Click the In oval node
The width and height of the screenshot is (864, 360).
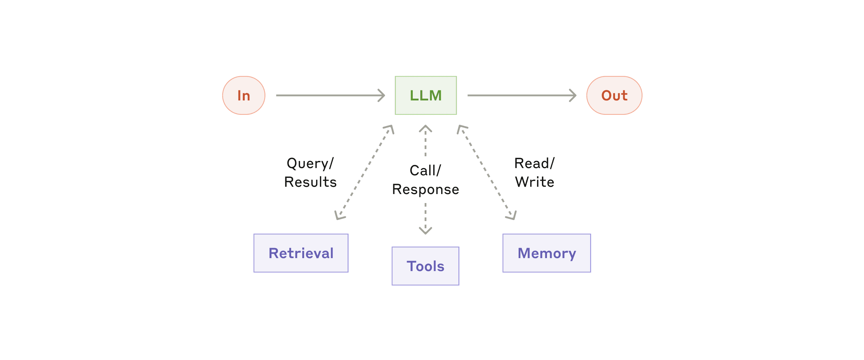[x=244, y=95]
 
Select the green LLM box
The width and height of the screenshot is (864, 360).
[x=426, y=95]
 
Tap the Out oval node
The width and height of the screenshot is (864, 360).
[x=614, y=95]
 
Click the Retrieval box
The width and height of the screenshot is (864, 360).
[x=301, y=253]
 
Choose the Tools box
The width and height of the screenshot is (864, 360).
[x=425, y=266]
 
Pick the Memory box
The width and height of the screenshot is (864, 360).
[x=547, y=253]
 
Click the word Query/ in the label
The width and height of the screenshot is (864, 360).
[x=310, y=163]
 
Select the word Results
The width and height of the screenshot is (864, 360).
[x=310, y=182]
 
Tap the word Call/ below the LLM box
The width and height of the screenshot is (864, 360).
[x=425, y=171]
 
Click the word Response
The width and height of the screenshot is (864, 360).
[x=425, y=189]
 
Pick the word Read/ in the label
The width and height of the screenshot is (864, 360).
[x=534, y=163]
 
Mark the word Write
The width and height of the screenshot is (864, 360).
[x=534, y=182]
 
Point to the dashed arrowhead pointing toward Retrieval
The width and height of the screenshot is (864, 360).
[x=339, y=215]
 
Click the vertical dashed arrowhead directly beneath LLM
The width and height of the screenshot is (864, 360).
[x=425, y=129]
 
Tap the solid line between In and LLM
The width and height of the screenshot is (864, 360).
[x=327, y=95]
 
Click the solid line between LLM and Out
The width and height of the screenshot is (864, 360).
[x=518, y=95]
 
